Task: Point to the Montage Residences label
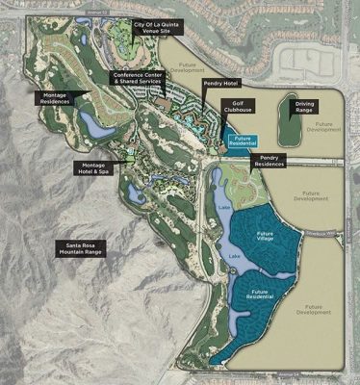click(62, 98)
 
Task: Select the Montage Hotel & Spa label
click(95, 167)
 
